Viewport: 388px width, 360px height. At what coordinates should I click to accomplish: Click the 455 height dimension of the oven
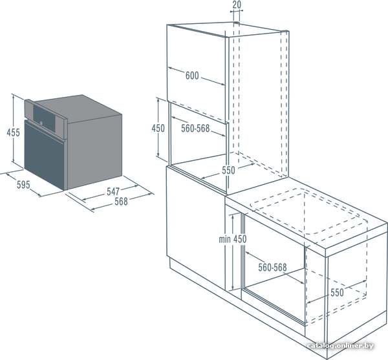(13, 132)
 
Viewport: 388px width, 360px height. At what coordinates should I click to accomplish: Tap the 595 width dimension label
(23, 185)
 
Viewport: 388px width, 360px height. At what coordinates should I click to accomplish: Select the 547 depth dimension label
(113, 191)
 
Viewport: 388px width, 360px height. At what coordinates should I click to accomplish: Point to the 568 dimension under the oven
(121, 202)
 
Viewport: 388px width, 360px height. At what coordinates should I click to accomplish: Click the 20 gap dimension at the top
(237, 5)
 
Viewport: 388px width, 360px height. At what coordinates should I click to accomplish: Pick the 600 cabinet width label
(192, 76)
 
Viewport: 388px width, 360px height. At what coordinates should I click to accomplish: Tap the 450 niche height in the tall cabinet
(158, 129)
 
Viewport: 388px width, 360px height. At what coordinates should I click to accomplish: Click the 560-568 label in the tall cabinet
(195, 129)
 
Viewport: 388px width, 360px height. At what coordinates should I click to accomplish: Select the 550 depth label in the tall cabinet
(228, 171)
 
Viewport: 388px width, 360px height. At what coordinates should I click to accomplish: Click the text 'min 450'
(233, 239)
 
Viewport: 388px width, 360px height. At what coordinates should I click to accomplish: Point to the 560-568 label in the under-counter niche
(272, 268)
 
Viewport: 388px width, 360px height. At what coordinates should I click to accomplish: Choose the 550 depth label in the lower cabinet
(337, 293)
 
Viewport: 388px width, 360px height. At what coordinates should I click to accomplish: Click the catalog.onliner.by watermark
(340, 346)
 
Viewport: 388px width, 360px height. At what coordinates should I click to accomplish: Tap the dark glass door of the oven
(45, 154)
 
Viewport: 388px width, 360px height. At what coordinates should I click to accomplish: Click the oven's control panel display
(44, 116)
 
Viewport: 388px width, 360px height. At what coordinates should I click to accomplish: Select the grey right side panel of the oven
(94, 151)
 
